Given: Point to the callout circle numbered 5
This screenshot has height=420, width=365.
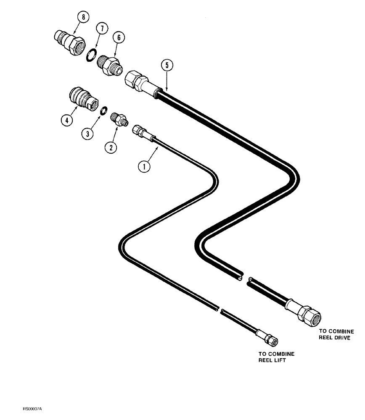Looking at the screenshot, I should click(x=167, y=65).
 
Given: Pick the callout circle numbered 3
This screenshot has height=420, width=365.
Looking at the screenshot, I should click(x=87, y=134).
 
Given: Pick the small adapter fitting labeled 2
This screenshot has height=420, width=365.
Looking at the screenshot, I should click(x=119, y=119).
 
